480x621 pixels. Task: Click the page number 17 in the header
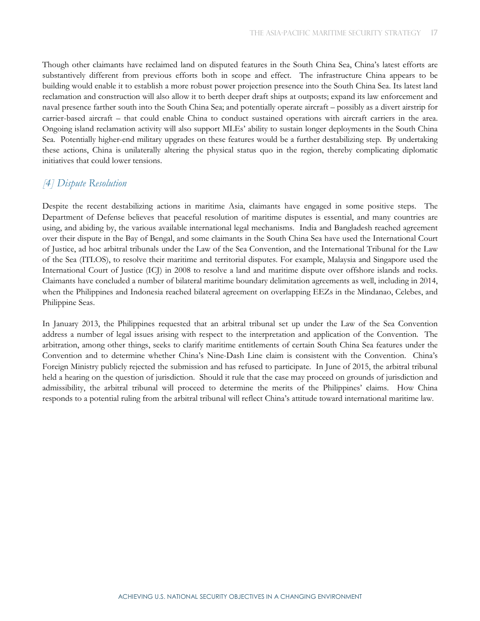tap(434, 33)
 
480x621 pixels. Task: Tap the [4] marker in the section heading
tap(48, 183)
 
